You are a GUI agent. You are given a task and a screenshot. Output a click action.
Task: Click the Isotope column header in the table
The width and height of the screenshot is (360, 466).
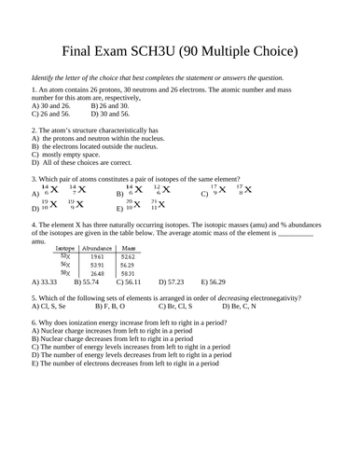pyautogui.click(x=65, y=249)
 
